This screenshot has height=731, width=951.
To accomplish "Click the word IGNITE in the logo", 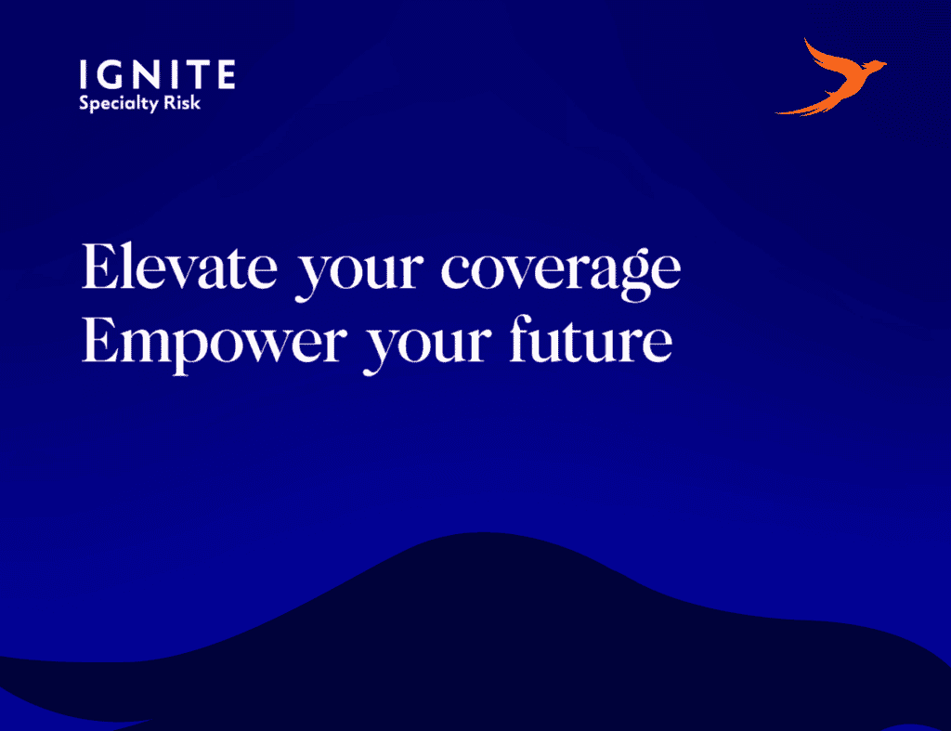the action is point(157,74).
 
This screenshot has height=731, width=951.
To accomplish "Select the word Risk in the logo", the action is point(182,102).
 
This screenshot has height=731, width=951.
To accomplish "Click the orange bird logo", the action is point(830,77).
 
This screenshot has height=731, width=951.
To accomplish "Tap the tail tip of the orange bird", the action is point(777,112).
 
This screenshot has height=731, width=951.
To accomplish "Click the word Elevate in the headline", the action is point(179,266).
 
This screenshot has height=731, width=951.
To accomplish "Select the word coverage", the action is point(561,274).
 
